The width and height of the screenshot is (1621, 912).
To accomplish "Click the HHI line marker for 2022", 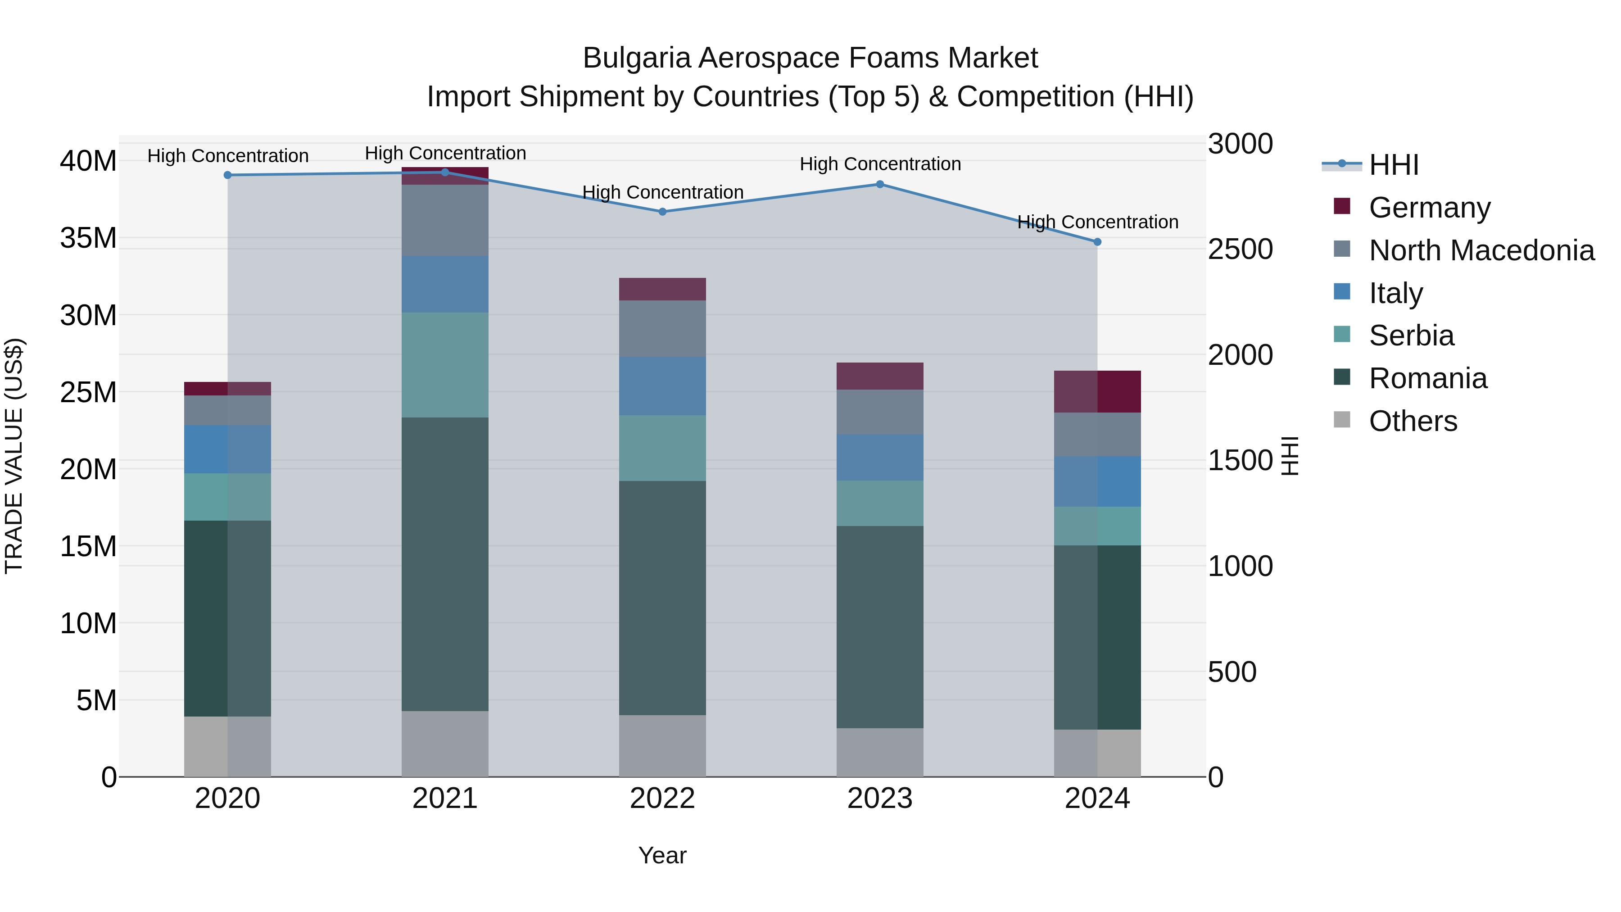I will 662,212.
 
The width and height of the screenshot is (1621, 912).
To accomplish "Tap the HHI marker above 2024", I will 1097,242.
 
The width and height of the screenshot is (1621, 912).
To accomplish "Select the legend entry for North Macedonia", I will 1481,250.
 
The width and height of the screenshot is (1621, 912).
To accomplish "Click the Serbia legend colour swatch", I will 1342,334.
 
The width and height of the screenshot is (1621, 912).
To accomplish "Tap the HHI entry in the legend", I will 1393,165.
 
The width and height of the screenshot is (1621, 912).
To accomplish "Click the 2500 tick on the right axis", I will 1240,249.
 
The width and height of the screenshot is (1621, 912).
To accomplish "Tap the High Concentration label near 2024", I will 1097,222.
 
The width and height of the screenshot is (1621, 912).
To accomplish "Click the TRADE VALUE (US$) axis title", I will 14,456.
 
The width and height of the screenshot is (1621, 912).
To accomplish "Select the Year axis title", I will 662,855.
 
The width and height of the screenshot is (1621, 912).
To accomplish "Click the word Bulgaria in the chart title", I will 638,58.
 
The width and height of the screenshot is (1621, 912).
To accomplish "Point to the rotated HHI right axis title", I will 1290,456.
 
